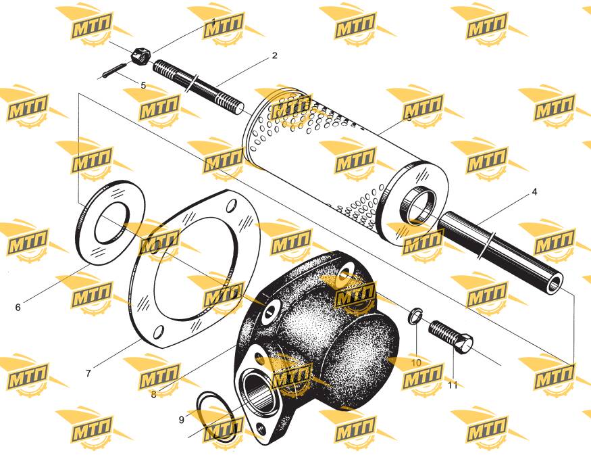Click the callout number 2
(x=274, y=55)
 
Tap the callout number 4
(x=534, y=192)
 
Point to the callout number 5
(x=143, y=86)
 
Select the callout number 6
(x=18, y=308)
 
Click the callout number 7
(x=88, y=373)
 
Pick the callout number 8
(x=153, y=395)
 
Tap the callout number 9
(x=181, y=420)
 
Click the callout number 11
(x=453, y=385)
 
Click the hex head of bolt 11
(x=463, y=343)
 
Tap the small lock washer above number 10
(x=415, y=316)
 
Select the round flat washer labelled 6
(x=111, y=222)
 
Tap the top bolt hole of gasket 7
(x=232, y=206)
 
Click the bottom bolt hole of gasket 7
(x=159, y=332)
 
